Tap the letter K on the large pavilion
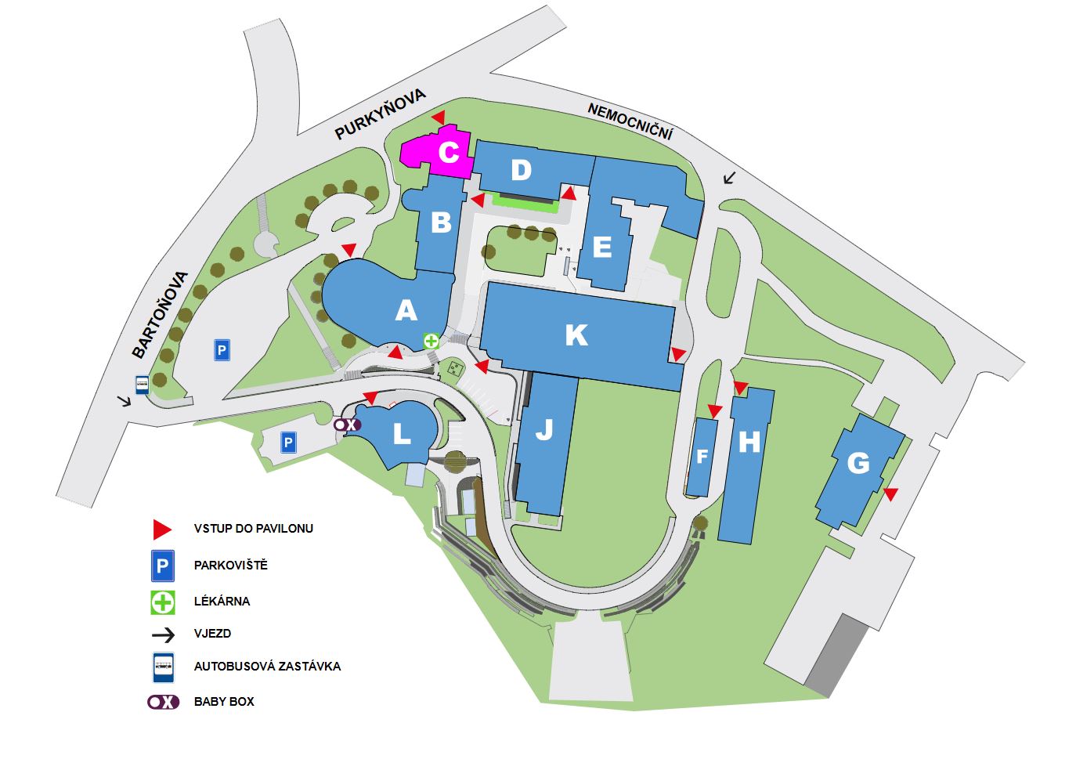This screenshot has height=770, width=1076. tap(576, 334)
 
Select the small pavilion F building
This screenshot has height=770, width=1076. tap(702, 457)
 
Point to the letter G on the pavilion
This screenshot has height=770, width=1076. tap(858, 463)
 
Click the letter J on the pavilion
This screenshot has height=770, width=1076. tap(544, 429)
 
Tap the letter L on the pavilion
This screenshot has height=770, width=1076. tap(402, 434)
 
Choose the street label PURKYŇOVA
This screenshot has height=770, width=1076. tap(380, 114)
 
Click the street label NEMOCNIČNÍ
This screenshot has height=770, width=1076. tap(630, 121)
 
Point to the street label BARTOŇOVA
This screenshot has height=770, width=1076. tap(160, 315)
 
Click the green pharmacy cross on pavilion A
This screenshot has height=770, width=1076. tap(431, 341)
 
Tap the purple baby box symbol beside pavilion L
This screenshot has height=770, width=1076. tap(347, 425)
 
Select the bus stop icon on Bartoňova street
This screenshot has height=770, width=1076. tap(143, 385)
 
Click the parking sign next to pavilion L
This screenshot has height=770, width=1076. tap(288, 442)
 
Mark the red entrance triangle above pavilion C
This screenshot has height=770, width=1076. tap(439, 117)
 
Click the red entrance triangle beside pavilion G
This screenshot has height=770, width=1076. tap(890, 493)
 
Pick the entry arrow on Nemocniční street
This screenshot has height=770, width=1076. tap(729, 179)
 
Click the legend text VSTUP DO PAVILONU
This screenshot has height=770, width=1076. tap(253, 529)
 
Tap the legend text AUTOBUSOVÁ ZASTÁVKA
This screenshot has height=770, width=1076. tap(267, 667)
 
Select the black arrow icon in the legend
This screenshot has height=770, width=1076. tap(164, 635)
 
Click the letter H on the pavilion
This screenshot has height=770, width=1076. tap(749, 442)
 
